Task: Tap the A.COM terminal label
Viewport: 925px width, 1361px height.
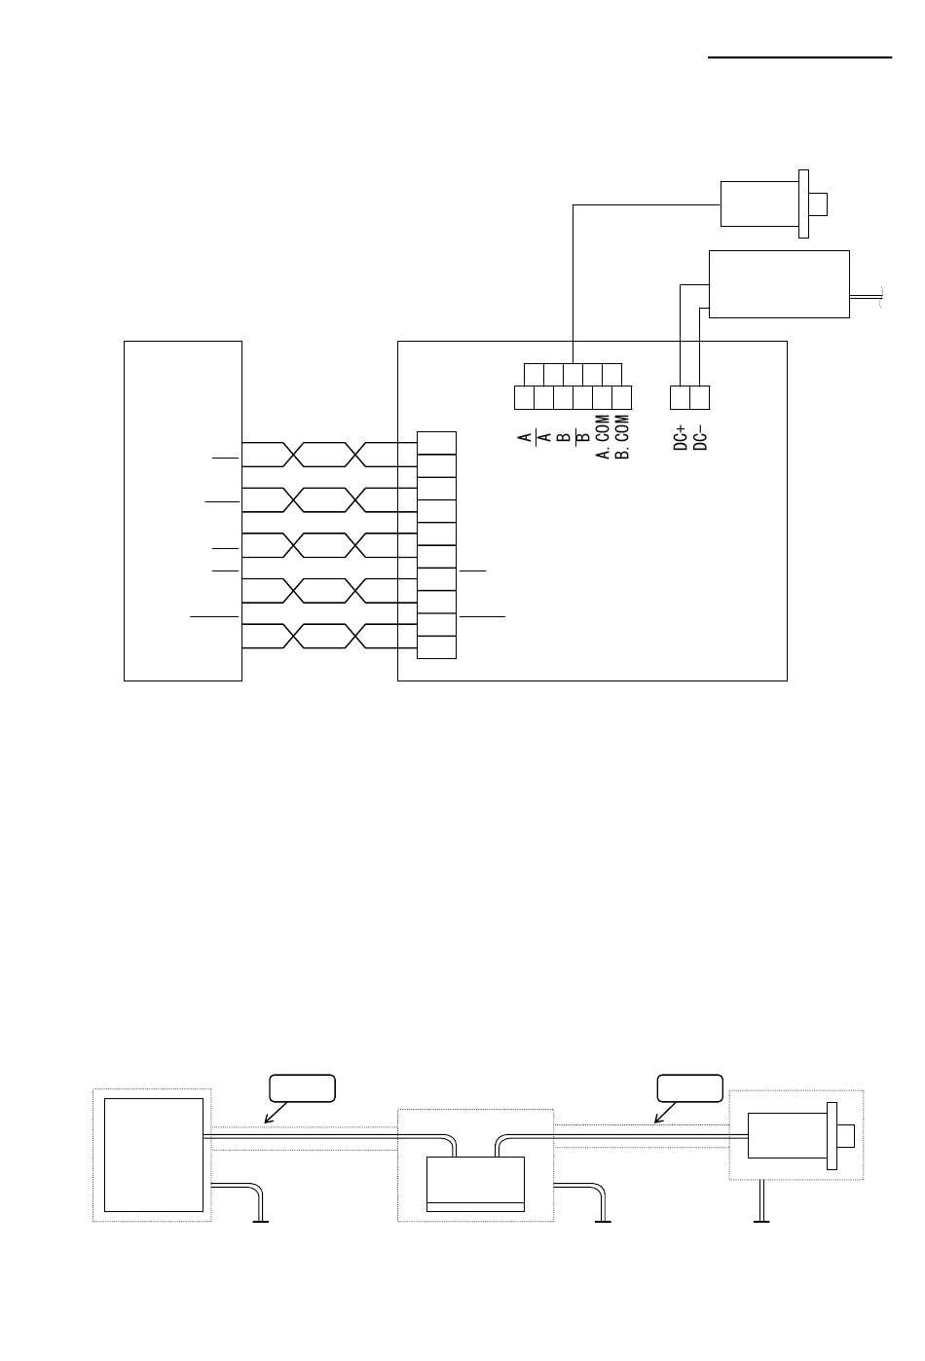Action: pos(603,437)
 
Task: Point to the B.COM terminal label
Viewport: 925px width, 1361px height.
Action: pos(622,437)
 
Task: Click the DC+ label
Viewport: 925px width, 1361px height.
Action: pos(681,438)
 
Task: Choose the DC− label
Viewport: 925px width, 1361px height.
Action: pos(700,438)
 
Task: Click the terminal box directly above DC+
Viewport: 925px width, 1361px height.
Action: pos(680,398)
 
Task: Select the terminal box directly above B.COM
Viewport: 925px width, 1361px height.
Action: pos(622,398)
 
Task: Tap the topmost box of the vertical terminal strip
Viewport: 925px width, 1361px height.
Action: pos(436,443)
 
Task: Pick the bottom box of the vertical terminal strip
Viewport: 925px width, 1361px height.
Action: pos(436,647)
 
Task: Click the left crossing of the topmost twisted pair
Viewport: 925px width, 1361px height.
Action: pos(293,455)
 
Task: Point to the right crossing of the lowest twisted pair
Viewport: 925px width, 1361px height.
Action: pos(356,636)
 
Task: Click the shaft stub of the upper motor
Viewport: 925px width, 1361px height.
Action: pos(818,204)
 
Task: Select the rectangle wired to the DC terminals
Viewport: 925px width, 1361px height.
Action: pos(779,284)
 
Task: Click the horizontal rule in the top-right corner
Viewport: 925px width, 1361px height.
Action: pos(799,57)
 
